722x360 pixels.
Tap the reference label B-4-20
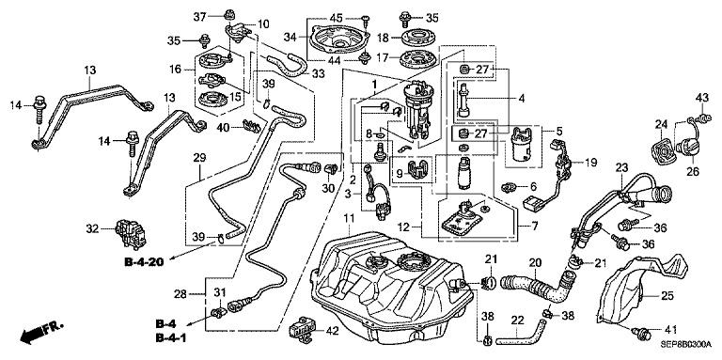pos(144,262)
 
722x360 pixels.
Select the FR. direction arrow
pos(41,333)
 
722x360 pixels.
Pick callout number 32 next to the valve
pos(92,227)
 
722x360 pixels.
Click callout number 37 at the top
pos(199,17)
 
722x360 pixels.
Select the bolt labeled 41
pos(640,331)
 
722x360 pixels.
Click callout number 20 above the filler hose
pos(535,263)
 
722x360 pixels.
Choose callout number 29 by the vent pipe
pos(199,158)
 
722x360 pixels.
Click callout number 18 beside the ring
pos(384,37)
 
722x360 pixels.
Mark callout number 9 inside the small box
pos(400,173)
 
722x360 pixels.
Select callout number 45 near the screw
pos(337,18)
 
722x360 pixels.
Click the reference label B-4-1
pos(170,338)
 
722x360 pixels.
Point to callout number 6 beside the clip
pos(533,186)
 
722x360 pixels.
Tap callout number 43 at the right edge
pos(701,98)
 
